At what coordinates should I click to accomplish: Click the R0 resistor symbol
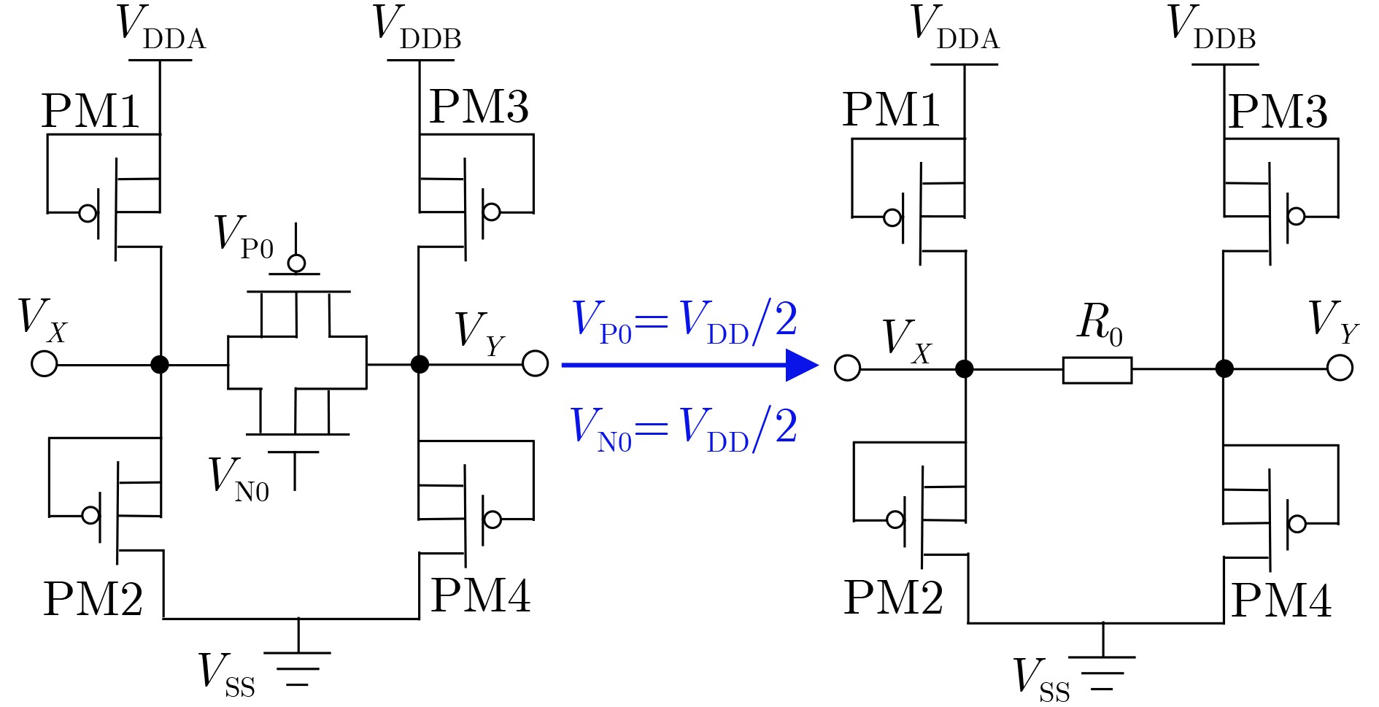pyautogui.click(x=1097, y=370)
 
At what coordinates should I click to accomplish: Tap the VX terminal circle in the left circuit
pyautogui.click(x=45, y=363)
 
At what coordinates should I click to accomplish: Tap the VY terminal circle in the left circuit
pyautogui.click(x=535, y=363)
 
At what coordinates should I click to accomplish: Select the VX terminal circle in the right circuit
pyautogui.click(x=847, y=368)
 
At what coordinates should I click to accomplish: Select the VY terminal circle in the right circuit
pyautogui.click(x=1340, y=368)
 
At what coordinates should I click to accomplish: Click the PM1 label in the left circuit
pyautogui.click(x=90, y=112)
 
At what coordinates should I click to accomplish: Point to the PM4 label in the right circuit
pyautogui.click(x=1280, y=601)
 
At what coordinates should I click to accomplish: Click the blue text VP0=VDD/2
pyautogui.click(x=684, y=321)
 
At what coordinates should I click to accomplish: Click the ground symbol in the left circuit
pyautogui.click(x=297, y=668)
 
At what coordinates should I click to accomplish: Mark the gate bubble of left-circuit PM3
pyautogui.click(x=492, y=212)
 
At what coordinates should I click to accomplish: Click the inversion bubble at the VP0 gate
pyautogui.click(x=296, y=263)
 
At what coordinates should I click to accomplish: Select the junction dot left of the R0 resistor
pyautogui.click(x=965, y=368)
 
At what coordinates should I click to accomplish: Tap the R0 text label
pyautogui.click(x=1099, y=322)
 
